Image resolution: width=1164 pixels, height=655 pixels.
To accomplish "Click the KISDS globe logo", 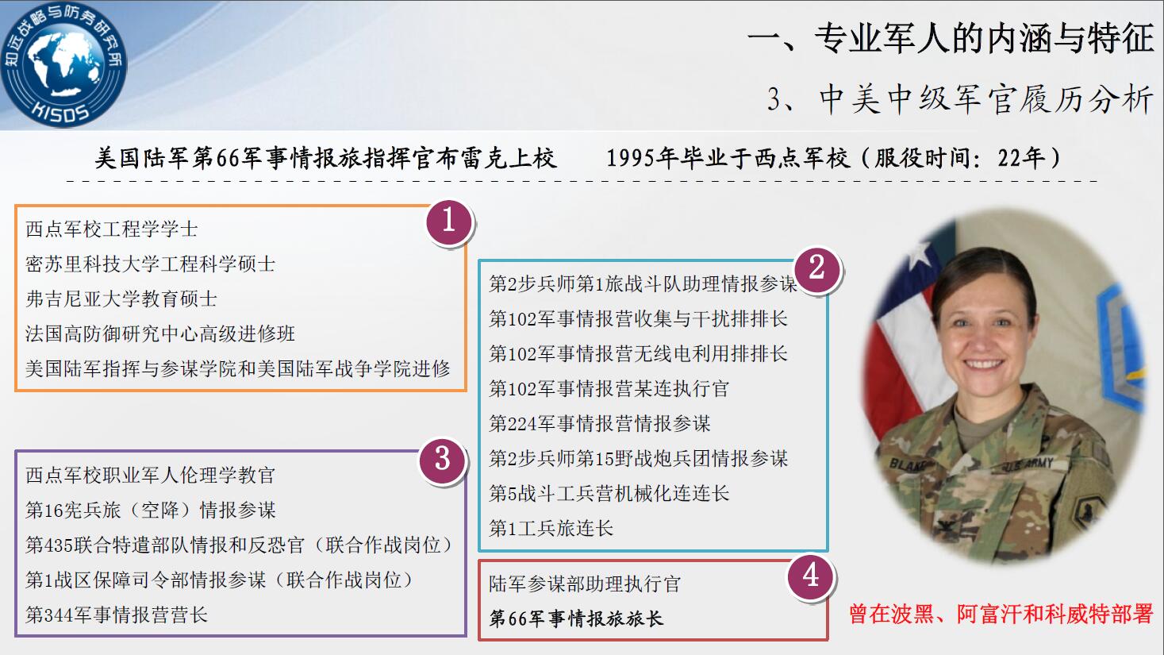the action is click(x=63, y=64).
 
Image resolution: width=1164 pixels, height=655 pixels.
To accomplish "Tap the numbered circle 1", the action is click(x=449, y=222).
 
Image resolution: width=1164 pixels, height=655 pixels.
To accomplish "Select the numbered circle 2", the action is click(x=817, y=269).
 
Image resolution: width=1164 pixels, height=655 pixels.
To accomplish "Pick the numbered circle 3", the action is click(x=442, y=460).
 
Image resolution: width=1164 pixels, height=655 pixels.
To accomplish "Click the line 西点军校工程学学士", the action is click(x=112, y=229).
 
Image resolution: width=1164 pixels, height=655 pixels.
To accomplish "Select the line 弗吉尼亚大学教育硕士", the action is click(x=121, y=299).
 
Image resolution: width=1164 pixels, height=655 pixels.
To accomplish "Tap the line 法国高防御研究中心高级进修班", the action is click(x=160, y=333).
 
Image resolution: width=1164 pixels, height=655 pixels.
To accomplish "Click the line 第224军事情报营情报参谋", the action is click(x=599, y=424).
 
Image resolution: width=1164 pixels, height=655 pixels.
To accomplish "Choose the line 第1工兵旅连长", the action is click(x=551, y=528).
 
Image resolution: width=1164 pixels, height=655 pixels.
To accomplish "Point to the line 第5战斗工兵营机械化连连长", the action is click(x=609, y=493).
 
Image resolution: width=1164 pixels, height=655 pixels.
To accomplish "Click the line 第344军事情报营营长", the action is click(x=117, y=615).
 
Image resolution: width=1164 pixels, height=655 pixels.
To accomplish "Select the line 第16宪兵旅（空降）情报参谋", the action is click(x=151, y=510).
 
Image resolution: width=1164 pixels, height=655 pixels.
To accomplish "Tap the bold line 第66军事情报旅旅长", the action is click(x=576, y=618).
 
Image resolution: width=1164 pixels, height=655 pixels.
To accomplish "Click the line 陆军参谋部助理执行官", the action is click(x=585, y=584).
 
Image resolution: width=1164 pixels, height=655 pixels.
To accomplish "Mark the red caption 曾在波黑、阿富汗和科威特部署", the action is click(x=1001, y=614).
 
